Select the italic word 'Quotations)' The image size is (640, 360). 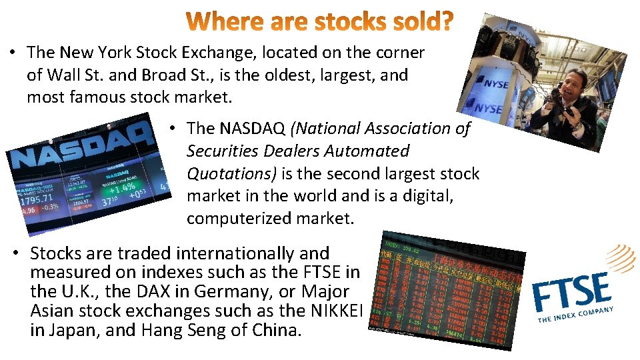231,173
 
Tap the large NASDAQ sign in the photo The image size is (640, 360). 80,149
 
